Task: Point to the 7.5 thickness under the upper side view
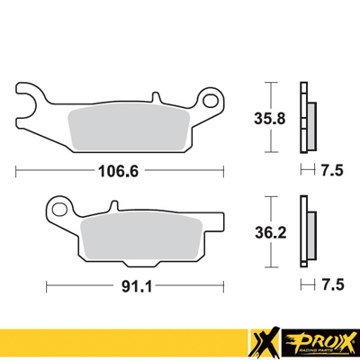pos(333,169)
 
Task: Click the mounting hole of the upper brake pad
pos(212,97)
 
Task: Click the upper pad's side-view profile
pos(310,117)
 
